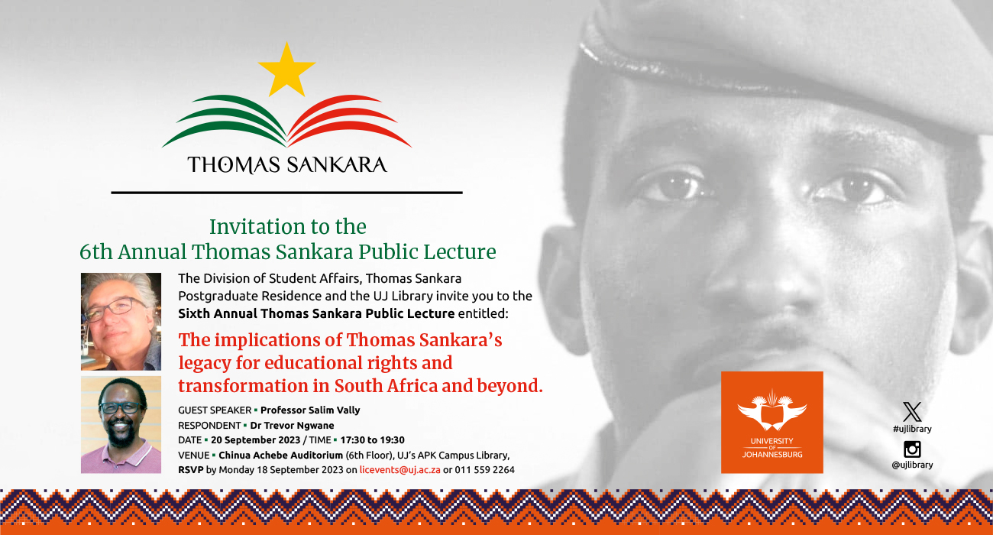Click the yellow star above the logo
tap(286, 70)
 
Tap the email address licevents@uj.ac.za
tap(399, 470)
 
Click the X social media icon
tap(912, 412)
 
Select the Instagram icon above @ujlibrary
tap(912, 449)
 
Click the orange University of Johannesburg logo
tap(771, 423)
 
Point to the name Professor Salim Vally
tap(310, 410)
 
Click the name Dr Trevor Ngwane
tap(292, 426)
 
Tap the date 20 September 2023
tap(255, 440)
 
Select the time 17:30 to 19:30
tap(373, 440)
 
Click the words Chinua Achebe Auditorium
tap(280, 456)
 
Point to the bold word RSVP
tap(191, 470)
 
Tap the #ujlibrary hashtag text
tap(912, 429)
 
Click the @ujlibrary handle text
tap(912, 465)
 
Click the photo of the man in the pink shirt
tap(121, 425)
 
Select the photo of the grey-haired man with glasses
tap(121, 322)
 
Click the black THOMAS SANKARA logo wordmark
tap(287, 164)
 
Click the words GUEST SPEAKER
tap(215, 410)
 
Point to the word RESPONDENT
tap(209, 426)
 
